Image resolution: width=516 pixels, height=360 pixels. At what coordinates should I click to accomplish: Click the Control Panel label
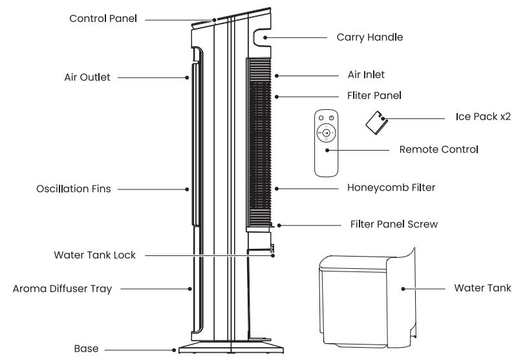(x=103, y=18)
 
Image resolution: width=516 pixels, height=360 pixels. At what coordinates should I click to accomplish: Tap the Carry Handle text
(x=369, y=37)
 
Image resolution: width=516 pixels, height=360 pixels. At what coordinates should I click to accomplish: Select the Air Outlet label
(x=87, y=77)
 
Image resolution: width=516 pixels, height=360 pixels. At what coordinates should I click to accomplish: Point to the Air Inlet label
(x=366, y=75)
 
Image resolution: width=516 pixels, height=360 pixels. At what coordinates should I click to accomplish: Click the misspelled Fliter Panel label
(x=374, y=95)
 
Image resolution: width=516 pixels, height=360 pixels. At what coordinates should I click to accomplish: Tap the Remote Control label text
(x=438, y=149)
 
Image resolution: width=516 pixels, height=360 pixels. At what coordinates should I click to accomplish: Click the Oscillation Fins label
(x=73, y=189)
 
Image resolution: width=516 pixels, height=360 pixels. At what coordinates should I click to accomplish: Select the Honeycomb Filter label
(x=391, y=188)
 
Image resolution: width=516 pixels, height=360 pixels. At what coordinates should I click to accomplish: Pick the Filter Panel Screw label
(x=394, y=225)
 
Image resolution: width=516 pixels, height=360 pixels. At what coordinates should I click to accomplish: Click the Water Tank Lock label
(x=94, y=255)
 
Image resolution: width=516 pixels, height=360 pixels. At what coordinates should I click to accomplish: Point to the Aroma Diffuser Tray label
(x=62, y=289)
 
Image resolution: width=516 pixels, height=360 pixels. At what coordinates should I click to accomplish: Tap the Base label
(x=86, y=349)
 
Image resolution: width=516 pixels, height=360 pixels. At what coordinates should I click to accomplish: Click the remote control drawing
(x=326, y=143)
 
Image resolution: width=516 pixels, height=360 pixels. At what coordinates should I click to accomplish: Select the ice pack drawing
(x=376, y=121)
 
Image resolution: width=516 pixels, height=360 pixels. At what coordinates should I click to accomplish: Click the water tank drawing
(x=362, y=294)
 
